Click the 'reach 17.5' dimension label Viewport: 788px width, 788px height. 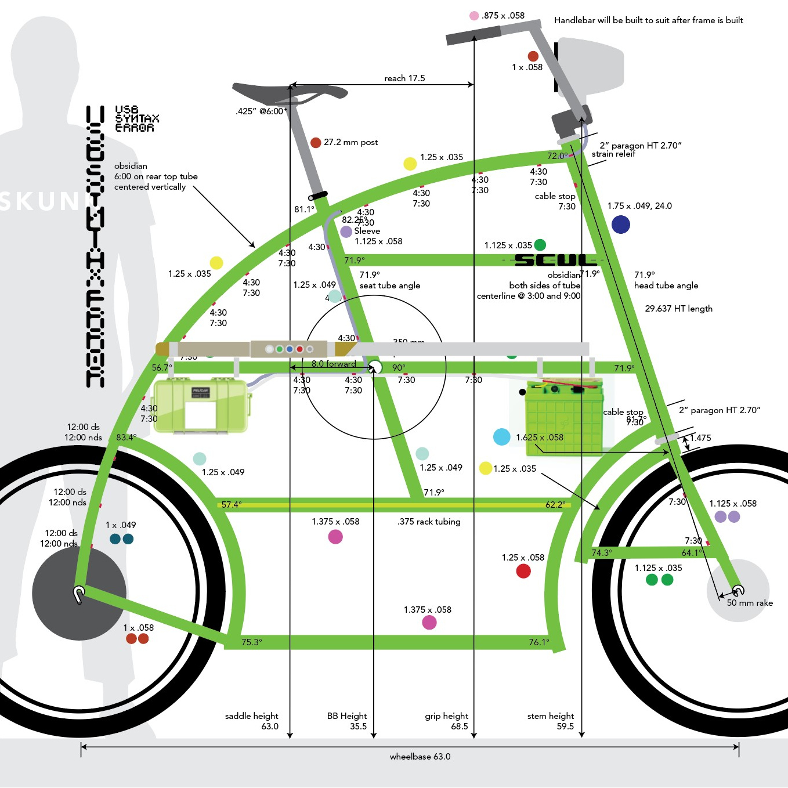pyautogui.click(x=404, y=78)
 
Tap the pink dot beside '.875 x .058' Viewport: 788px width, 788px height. pyautogui.click(x=474, y=16)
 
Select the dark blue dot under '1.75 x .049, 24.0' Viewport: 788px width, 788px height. pyautogui.click(x=620, y=224)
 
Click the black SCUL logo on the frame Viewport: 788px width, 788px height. pyautogui.click(x=555, y=260)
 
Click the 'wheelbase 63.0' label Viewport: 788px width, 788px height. pyautogui.click(x=420, y=757)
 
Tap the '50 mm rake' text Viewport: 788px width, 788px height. pyautogui.click(x=750, y=603)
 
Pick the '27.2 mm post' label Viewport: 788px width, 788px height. pyautogui.click(x=350, y=142)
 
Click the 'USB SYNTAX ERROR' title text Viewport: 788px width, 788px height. pyautogui.click(x=136, y=118)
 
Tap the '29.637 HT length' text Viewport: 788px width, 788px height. pyautogui.click(x=678, y=309)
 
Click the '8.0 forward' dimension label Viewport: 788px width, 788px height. pyautogui.click(x=334, y=364)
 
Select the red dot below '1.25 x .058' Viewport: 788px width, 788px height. pyautogui.click(x=523, y=571)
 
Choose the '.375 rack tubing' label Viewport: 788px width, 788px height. pyautogui.click(x=429, y=522)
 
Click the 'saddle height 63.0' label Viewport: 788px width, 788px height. pyautogui.click(x=252, y=721)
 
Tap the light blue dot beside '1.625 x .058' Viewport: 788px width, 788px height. pyautogui.click(x=501, y=437)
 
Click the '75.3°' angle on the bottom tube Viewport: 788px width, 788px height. pyautogui.click(x=251, y=642)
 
